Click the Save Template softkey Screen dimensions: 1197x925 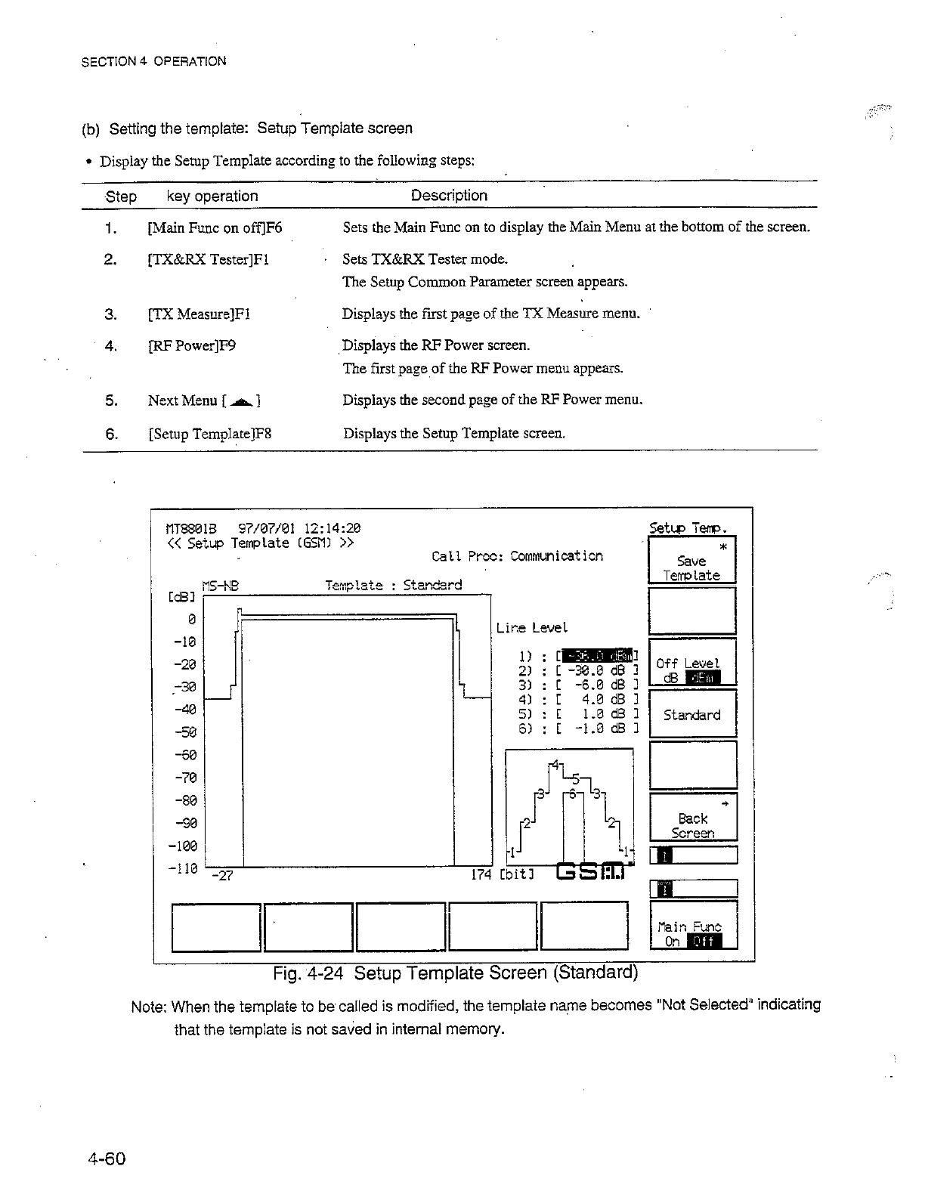pos(691,560)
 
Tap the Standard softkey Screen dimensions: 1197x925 pos(691,715)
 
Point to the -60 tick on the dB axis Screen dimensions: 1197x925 pos(186,755)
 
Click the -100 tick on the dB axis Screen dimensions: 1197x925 pos(183,845)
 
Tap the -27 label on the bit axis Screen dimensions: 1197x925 pos(222,876)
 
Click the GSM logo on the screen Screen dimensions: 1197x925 pos(594,872)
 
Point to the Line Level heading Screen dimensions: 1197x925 pos(532,628)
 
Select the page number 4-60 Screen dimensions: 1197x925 pos(106,1158)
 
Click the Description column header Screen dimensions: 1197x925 pos(449,196)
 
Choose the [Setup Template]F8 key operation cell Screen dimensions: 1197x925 pos(210,434)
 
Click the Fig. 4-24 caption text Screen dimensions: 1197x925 pos(456,973)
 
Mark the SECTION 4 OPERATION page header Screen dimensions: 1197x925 pos(153,61)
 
